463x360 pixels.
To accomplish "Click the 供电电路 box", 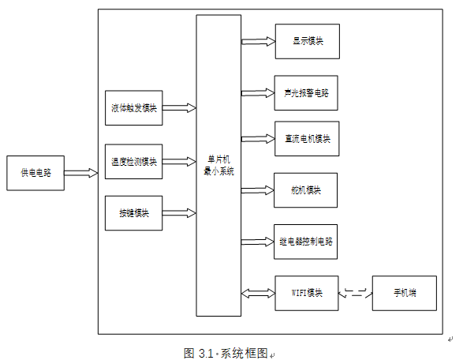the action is (35, 173).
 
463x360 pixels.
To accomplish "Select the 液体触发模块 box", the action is (134, 108).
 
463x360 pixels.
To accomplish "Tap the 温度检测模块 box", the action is (134, 162).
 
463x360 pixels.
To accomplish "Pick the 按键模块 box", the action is (134, 213).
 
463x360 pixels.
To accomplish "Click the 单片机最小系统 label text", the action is (218, 166).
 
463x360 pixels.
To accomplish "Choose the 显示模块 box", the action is (308, 41).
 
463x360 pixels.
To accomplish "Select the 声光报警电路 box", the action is (306, 93).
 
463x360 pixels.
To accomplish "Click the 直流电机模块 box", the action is (307, 139).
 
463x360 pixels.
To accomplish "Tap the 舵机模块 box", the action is (305, 190).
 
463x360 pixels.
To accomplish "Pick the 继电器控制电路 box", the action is (305, 242).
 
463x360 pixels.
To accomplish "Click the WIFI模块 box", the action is (307, 293).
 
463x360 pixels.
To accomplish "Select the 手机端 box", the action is (405, 293).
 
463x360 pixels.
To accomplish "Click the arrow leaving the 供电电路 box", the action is (81, 173).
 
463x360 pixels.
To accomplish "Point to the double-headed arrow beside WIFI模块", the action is (258, 293).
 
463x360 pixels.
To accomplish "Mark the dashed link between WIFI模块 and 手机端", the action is (356, 293).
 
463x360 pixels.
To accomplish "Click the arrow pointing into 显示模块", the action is (259, 41).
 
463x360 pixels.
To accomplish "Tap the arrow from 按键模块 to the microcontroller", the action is (179, 213).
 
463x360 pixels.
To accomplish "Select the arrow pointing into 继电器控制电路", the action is (257, 242).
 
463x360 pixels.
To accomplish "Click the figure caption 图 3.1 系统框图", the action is (226, 353).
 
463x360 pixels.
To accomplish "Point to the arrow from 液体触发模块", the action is (179, 108).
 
